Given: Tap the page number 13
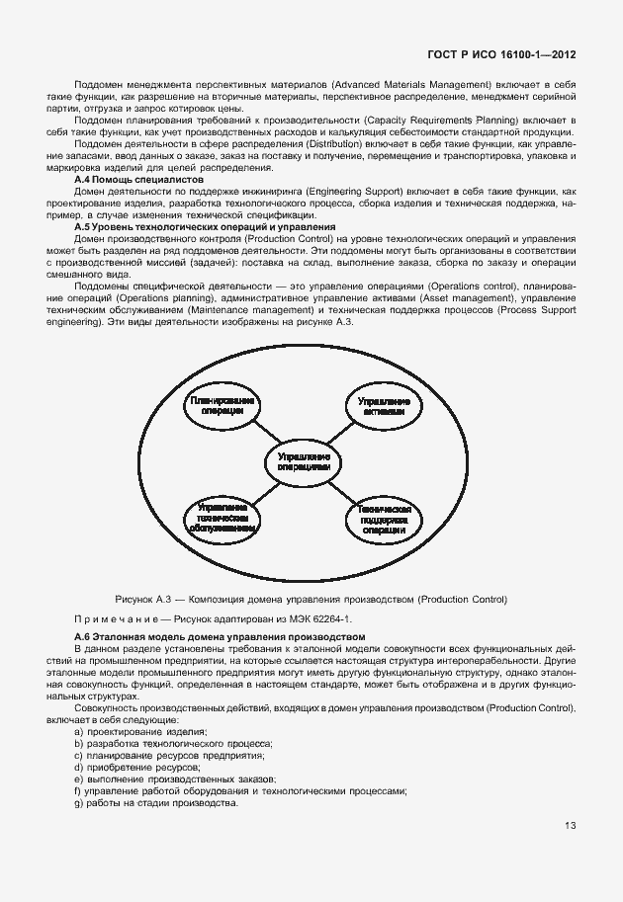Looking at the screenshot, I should (x=571, y=826).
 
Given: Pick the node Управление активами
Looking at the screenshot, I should (x=384, y=407).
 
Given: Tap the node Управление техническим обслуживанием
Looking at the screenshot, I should (x=222, y=517).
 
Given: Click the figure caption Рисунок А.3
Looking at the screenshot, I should (x=311, y=598).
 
